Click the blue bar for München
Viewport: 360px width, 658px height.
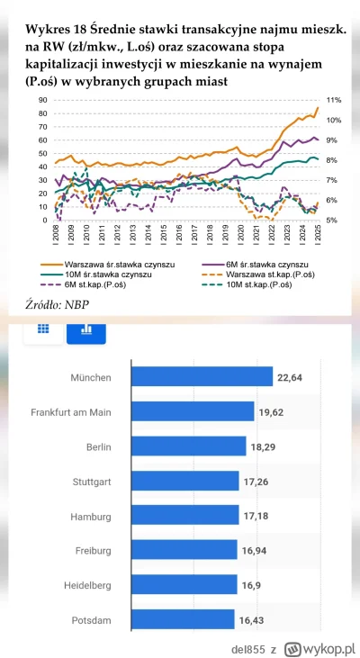pyautogui.click(x=202, y=376)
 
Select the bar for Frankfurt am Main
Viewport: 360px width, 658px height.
pyautogui.click(x=193, y=411)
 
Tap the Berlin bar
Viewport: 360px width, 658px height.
pyautogui.click(x=189, y=446)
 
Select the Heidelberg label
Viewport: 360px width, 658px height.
pyautogui.click(x=88, y=584)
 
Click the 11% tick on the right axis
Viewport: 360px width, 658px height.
pyautogui.click(x=332, y=100)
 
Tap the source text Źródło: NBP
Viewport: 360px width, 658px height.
pyautogui.click(x=51, y=304)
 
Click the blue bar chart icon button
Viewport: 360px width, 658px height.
pyautogui.click(x=86, y=329)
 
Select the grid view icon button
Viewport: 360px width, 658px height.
pyautogui.click(x=41, y=329)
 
